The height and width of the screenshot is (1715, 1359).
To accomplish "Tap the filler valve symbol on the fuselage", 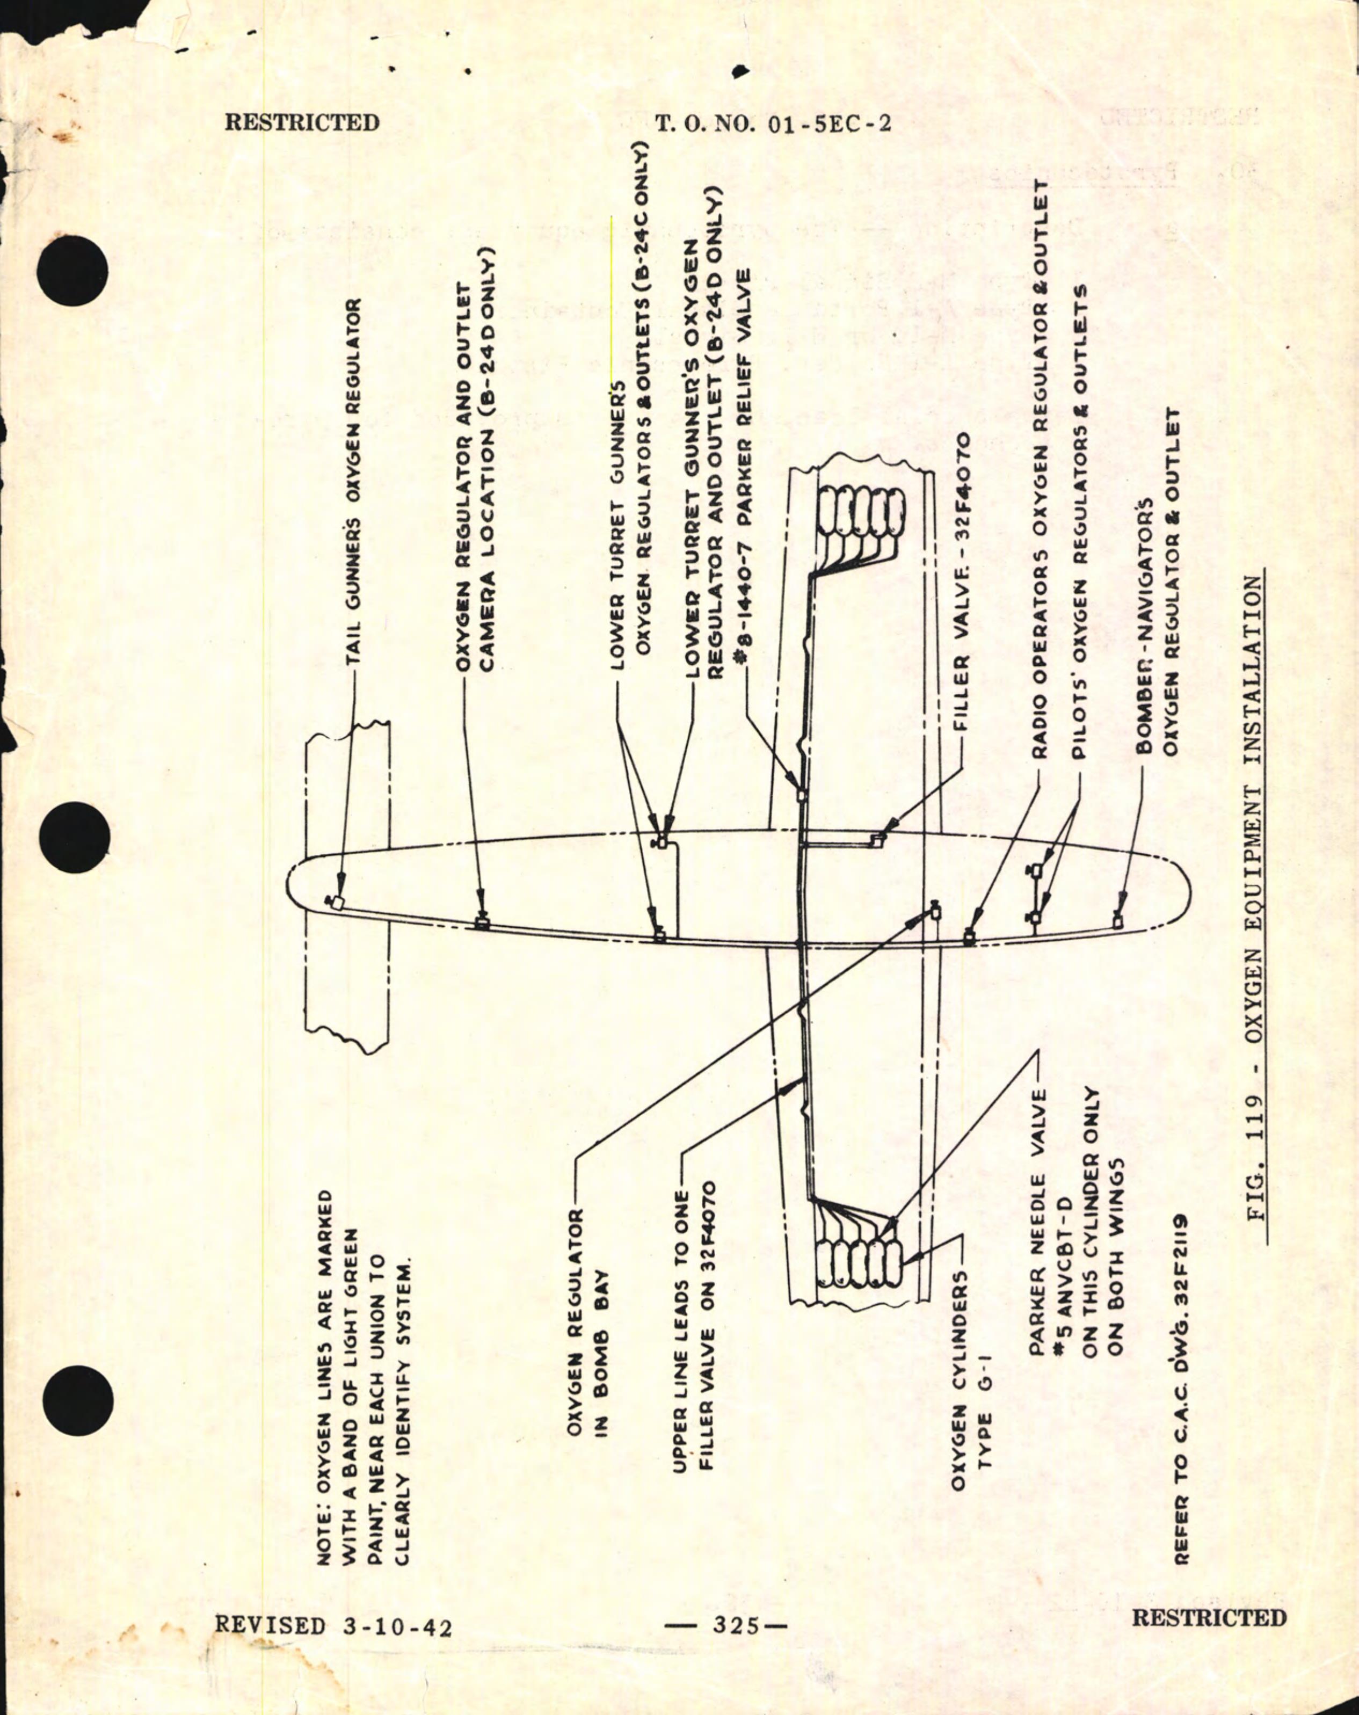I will click(876, 840).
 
